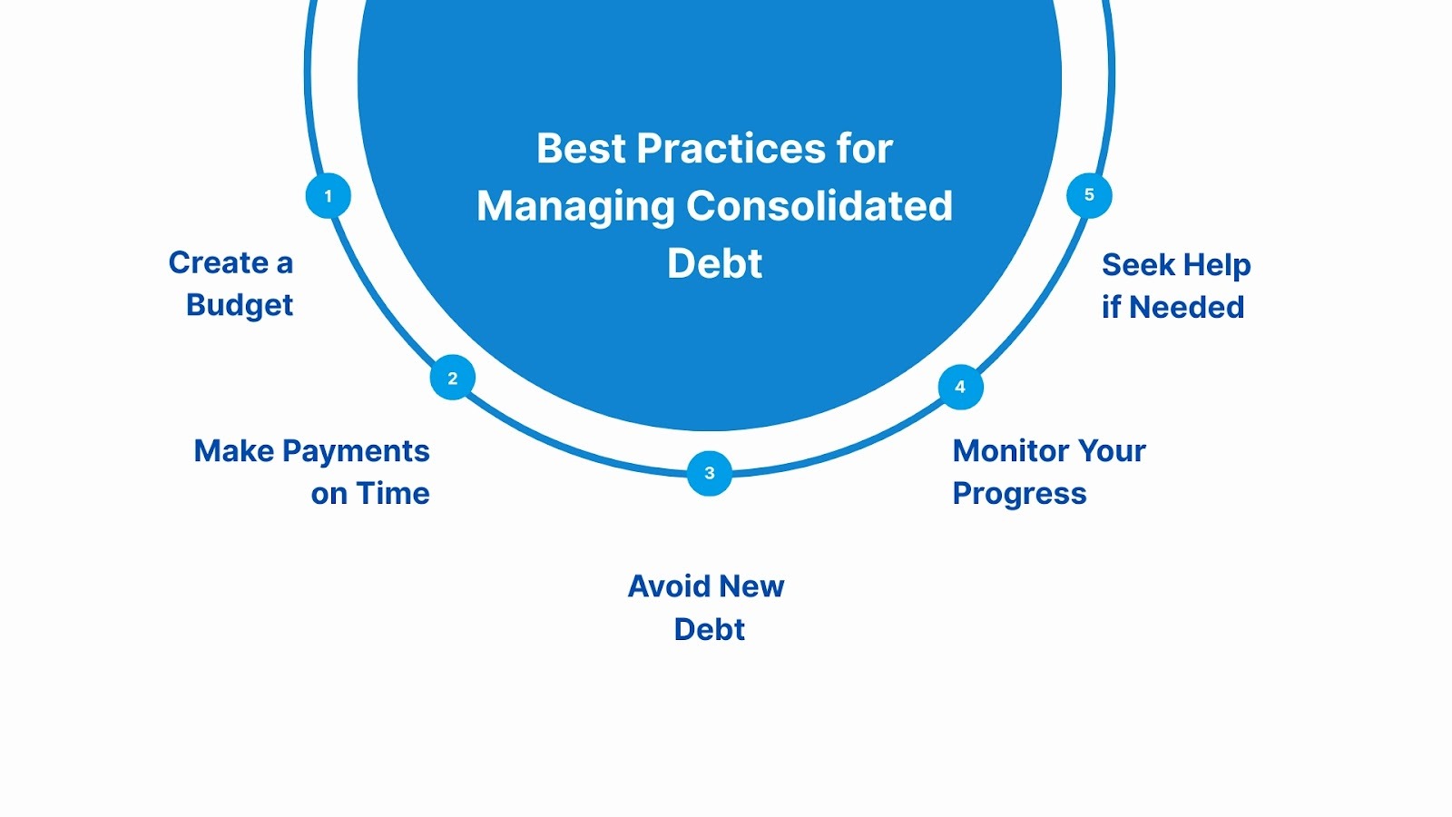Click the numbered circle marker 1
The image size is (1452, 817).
[329, 196]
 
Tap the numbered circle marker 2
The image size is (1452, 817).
[453, 379]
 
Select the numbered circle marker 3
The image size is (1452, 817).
[710, 473]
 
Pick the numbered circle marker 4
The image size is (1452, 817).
[960, 388]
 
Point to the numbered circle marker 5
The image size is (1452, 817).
[1089, 195]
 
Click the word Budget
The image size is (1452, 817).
[240, 306]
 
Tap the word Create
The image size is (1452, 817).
[219, 263]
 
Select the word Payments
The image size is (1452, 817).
[356, 451]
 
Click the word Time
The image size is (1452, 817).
[393, 494]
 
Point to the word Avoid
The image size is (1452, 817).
[669, 586]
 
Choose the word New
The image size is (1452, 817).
[751, 586]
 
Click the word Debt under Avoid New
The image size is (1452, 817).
[710, 630]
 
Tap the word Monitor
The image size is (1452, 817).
[1011, 451]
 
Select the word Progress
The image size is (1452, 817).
[1019, 494]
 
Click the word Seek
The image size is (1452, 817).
[1138, 265]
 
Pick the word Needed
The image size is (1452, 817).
[1187, 308]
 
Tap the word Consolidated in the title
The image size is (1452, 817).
[819, 206]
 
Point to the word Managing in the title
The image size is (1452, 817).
[576, 207]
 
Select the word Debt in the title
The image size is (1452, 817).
[715, 264]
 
